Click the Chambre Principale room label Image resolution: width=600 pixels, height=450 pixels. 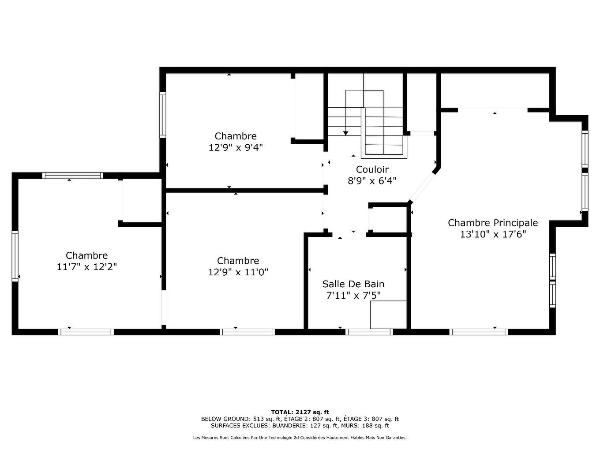[x=493, y=223]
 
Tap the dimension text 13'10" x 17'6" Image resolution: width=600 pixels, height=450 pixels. [x=493, y=234]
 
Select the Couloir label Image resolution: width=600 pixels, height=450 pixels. [x=372, y=169]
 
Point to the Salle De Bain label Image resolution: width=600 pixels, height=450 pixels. [x=353, y=284]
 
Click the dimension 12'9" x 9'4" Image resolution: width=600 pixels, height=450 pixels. [x=236, y=147]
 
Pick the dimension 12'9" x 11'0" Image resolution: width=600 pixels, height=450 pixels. [x=238, y=272]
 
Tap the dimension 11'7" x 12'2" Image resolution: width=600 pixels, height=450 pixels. [x=86, y=267]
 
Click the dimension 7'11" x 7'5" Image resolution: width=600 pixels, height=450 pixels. [x=353, y=296]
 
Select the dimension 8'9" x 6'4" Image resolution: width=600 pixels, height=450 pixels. [x=372, y=181]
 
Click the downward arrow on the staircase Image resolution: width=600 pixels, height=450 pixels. [x=345, y=132]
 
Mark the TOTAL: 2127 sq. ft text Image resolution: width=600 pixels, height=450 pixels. [x=300, y=412]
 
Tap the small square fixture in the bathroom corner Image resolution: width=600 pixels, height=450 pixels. [x=388, y=315]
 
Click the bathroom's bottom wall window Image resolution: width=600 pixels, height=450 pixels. [x=369, y=332]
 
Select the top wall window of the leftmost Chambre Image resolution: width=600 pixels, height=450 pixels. [x=73, y=176]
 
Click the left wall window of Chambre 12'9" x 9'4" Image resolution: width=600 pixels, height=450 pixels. [x=163, y=115]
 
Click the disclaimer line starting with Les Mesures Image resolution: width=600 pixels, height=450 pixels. [x=300, y=438]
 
